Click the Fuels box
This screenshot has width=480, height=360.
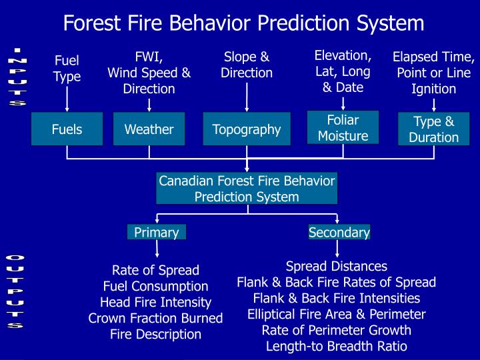pos(67,129)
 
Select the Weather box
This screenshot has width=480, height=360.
pos(149,129)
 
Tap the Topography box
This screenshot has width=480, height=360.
pos(247,129)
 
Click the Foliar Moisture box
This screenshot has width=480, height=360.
pos(343,127)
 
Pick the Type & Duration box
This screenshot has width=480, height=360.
pos(433,129)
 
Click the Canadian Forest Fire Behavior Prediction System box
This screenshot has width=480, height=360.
pos(247,188)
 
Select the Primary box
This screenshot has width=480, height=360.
pos(156,232)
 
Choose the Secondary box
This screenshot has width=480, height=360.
pos(339,232)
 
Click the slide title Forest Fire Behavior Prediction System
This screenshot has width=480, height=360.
pos(243,23)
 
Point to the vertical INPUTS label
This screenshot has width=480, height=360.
pos(18,77)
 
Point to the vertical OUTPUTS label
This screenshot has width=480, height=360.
pos(15,292)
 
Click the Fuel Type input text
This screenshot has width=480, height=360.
pos(67,69)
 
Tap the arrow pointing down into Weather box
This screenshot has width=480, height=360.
pos(149,104)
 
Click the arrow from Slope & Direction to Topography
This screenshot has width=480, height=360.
pos(247,97)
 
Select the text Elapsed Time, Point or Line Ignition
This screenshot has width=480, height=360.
pos(433,73)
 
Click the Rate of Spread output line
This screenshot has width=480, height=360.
pos(155,270)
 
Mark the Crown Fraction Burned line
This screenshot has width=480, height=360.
pos(155,318)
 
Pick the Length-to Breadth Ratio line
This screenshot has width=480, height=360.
pos(336,346)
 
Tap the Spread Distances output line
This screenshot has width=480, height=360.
pos(336,266)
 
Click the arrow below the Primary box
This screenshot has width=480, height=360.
pos(157,249)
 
